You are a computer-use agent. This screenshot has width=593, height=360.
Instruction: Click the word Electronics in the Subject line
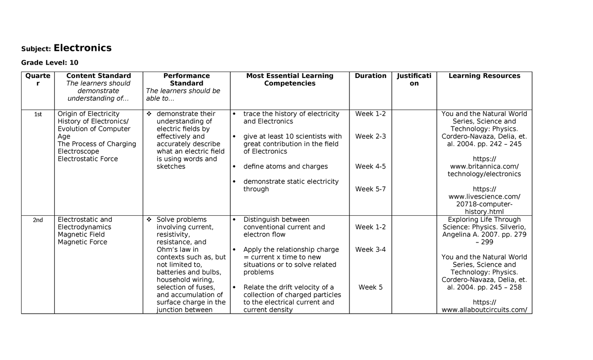(x=83, y=48)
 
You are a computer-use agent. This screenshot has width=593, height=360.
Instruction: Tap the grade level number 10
(x=74, y=63)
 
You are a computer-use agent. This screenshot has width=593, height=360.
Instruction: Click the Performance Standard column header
(x=186, y=80)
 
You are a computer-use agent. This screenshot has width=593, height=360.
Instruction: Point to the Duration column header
(x=371, y=76)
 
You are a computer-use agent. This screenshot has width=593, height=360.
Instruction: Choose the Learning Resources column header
(x=484, y=76)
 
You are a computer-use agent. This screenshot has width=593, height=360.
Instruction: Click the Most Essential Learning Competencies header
(x=290, y=80)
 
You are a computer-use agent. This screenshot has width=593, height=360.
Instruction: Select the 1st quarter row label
(x=38, y=114)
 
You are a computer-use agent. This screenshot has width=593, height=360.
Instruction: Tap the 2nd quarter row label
(x=38, y=220)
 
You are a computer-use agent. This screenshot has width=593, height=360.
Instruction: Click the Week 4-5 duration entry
(x=371, y=166)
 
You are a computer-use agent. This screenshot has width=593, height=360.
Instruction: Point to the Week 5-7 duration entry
(x=371, y=189)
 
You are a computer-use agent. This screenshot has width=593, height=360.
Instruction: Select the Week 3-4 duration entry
(x=371, y=249)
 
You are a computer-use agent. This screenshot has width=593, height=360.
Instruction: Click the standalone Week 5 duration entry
(x=371, y=287)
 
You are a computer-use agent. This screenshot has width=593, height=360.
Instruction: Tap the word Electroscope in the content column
(x=79, y=151)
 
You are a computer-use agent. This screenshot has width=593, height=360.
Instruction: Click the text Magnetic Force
(x=83, y=242)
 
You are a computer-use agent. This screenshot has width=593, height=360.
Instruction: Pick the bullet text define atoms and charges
(x=286, y=166)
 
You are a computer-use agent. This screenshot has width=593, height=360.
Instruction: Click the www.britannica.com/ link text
(x=484, y=166)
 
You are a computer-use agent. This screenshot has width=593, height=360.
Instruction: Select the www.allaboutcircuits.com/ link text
(x=484, y=310)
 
